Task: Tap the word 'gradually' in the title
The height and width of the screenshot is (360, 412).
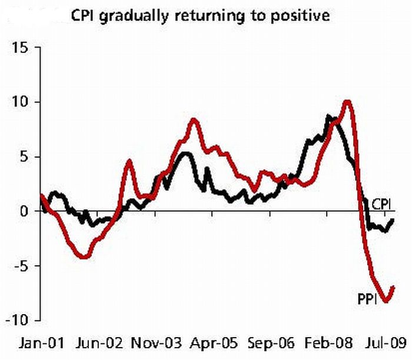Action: click(131, 15)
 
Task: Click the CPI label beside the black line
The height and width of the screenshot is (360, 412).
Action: click(383, 204)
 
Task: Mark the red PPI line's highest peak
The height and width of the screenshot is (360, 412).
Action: click(347, 102)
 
